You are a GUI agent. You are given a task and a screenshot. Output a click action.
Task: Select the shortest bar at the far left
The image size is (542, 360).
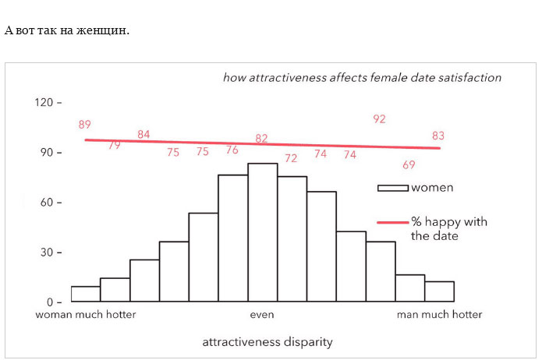click(x=86, y=294)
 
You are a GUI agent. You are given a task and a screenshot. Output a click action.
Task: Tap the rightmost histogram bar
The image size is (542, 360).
click(x=439, y=291)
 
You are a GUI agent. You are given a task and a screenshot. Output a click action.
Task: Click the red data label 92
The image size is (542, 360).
click(x=380, y=119)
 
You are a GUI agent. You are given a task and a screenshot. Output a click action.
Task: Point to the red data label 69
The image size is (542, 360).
click(x=409, y=165)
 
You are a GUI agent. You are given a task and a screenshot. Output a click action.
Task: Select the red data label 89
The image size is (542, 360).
click(x=85, y=125)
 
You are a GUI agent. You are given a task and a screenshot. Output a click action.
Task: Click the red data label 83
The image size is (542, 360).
click(x=438, y=136)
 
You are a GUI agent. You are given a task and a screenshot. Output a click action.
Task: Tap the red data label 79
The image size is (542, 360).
click(x=115, y=145)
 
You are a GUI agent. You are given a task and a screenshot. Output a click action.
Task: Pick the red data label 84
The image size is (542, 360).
click(x=143, y=135)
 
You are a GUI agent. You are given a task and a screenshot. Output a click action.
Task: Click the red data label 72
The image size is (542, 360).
click(x=291, y=158)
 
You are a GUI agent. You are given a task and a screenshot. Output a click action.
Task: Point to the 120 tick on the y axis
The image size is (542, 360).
click(x=43, y=102)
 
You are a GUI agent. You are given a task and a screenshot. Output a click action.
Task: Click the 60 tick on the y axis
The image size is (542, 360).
click(x=46, y=203)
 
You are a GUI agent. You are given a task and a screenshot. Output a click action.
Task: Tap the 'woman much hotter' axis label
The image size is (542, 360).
click(x=86, y=315)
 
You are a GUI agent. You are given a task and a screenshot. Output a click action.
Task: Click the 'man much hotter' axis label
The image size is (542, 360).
click(x=439, y=315)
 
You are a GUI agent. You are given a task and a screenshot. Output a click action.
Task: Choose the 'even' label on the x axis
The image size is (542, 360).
click(x=262, y=315)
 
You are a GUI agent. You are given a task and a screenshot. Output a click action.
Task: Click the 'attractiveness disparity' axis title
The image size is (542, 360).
click(x=267, y=342)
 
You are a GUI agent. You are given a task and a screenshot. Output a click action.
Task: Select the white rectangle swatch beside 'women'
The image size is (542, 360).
click(x=393, y=188)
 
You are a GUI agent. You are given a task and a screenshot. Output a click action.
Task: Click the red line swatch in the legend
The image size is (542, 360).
click(x=393, y=222)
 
